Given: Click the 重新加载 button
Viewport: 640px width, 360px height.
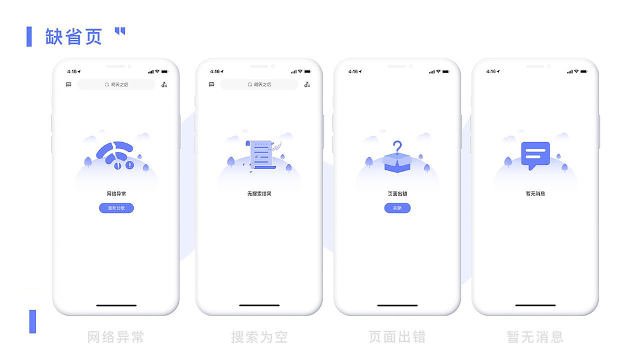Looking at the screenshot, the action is point(116,208).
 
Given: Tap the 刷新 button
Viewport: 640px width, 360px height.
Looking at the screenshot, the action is point(397,208).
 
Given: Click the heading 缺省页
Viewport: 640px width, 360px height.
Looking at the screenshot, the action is point(74,37).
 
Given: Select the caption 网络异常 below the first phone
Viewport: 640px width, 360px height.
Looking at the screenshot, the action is point(116,337).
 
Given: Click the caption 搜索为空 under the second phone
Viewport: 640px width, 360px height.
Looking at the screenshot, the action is point(259,337).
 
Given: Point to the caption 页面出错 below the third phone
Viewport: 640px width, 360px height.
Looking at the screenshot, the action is point(397,337).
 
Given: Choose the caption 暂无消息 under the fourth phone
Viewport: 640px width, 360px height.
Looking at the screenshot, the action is point(535,337).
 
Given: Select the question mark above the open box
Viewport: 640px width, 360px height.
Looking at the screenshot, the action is point(397,146).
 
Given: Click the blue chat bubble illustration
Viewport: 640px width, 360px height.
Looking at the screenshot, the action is point(535,155).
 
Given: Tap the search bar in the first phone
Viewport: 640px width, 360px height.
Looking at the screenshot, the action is point(116,85).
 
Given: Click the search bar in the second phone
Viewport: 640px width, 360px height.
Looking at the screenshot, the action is point(259,85).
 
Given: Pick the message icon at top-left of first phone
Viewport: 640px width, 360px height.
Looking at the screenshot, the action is point(68,85).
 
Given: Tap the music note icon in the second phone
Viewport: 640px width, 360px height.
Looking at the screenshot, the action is point(307,85).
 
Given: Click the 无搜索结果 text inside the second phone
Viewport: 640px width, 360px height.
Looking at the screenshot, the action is point(259,194).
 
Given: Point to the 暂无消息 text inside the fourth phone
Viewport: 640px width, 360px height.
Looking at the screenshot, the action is point(535,194).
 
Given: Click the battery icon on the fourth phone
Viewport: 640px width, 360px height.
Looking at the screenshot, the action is point(584,71).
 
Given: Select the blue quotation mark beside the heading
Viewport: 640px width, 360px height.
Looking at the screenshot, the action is point(120,32).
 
